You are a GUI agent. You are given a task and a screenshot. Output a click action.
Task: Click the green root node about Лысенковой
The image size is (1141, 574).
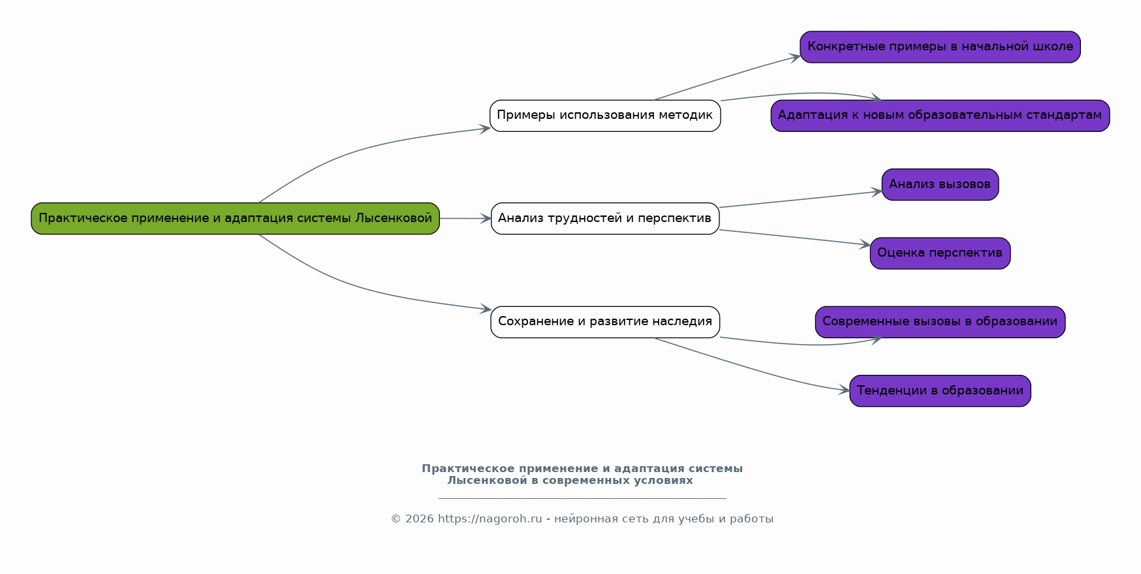click(x=235, y=218)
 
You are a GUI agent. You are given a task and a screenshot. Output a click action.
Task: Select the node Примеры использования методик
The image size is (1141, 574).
click(x=604, y=116)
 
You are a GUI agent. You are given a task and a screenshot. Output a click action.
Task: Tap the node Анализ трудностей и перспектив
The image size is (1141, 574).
click(x=604, y=218)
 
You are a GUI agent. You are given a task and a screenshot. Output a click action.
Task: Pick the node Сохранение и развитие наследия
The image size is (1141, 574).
click(x=604, y=321)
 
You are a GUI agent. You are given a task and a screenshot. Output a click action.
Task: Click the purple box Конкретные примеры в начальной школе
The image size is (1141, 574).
click(x=940, y=47)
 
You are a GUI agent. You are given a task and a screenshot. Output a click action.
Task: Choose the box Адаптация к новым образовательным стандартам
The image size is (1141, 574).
click(x=940, y=116)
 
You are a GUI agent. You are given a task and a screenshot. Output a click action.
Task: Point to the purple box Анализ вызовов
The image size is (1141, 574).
click(x=940, y=184)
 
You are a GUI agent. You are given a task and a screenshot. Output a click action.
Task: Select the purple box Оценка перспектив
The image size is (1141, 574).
click(x=940, y=253)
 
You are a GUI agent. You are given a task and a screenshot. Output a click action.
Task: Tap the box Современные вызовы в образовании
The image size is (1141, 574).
click(x=940, y=321)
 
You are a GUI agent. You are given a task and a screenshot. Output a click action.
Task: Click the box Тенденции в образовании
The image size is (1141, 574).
click(x=940, y=391)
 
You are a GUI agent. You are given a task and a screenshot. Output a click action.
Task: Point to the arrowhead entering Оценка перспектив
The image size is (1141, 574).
click(x=866, y=245)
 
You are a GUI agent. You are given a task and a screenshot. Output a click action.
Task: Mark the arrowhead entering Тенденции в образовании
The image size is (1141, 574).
click(x=845, y=391)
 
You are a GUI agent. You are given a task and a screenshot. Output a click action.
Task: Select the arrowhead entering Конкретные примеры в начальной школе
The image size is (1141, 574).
click(x=796, y=57)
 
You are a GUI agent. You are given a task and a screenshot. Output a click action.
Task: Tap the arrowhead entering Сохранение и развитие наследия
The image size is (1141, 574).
click(x=486, y=309)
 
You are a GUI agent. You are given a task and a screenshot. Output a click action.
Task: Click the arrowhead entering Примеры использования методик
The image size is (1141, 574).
click(x=486, y=129)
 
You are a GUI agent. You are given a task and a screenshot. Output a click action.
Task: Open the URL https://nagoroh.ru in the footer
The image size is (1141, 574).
click(x=490, y=519)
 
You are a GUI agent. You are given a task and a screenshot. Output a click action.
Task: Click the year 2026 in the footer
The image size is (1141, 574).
click(x=419, y=519)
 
